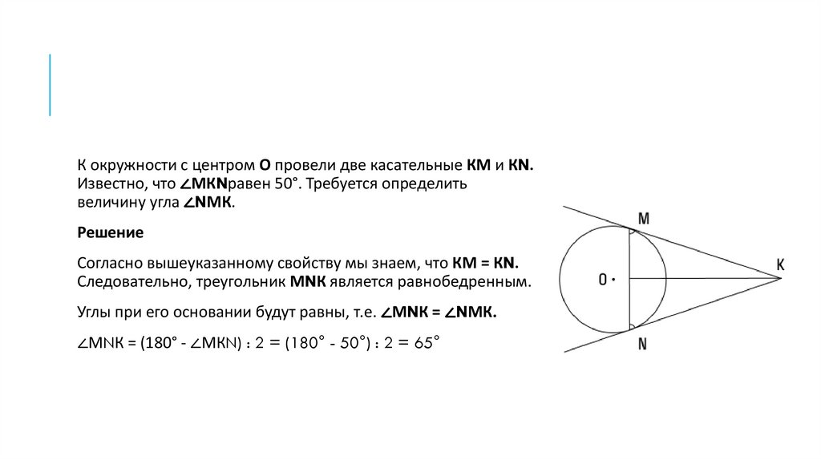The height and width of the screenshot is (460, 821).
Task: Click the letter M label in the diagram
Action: coord(644,218)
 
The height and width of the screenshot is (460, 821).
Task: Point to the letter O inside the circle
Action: coord(602,280)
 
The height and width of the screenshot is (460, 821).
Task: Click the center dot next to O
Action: coord(613,280)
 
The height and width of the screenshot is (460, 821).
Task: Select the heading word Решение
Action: coord(110,233)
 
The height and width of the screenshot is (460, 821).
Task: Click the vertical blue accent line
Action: coord(50,85)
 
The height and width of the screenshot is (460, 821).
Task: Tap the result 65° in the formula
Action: coord(425,342)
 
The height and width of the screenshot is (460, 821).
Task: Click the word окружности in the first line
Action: coord(133,165)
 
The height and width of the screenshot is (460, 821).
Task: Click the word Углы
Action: coord(95,313)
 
